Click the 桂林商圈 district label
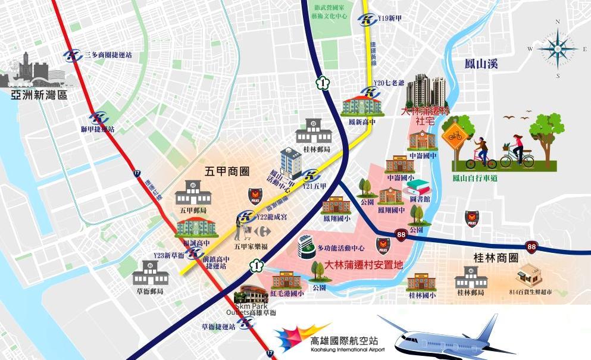495,258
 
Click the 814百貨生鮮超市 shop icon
529,274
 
